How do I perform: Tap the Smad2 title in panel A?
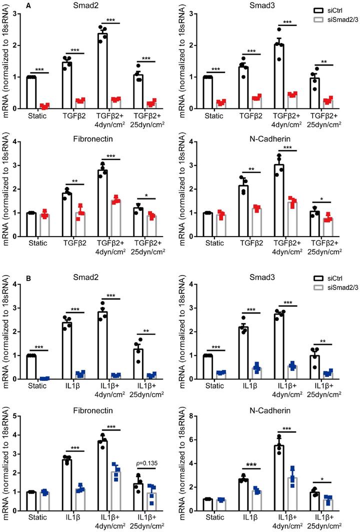click(x=96, y=6)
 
